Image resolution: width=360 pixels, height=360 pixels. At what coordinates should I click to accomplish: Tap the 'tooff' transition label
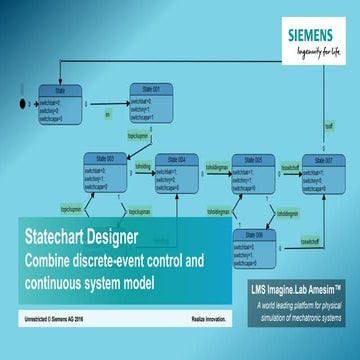[x=329, y=126]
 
